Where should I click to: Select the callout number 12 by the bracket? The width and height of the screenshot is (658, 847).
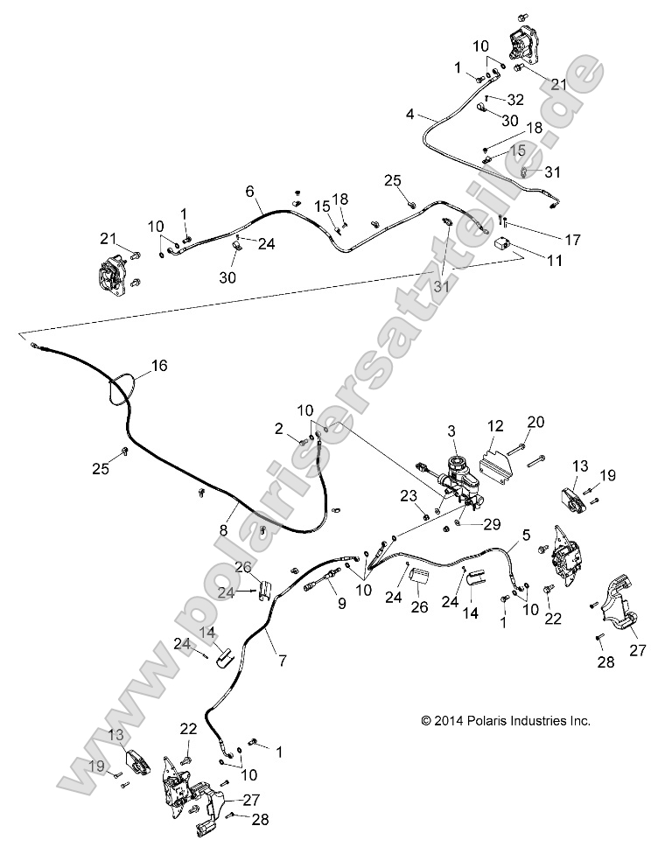click(495, 426)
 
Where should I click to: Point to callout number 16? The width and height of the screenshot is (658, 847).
click(158, 365)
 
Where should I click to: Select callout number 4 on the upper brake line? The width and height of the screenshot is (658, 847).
click(411, 114)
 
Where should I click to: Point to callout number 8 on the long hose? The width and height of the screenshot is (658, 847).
click(224, 529)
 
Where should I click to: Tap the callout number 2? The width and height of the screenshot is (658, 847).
click(278, 428)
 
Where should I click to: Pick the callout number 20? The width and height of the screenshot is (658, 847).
click(535, 421)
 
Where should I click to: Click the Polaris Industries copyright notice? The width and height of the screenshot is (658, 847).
click(506, 721)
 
